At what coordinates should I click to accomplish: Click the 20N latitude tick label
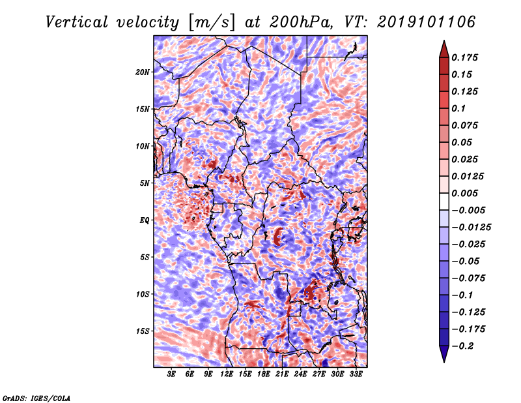pos(142,72)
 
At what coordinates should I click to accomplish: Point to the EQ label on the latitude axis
pos(144,220)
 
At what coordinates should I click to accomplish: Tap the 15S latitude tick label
pos(143,331)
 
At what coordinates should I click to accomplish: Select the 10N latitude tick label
pos(142,146)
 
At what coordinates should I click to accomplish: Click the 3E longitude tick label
pos(171,374)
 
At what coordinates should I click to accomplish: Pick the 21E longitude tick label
pos(282,374)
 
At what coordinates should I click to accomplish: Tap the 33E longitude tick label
pos(356,374)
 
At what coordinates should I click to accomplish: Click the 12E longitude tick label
pos(226,374)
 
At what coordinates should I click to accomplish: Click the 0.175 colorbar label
pos(464,57)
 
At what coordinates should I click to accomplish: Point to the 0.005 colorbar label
pos(464,193)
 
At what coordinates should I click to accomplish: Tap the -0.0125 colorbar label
pos(471,228)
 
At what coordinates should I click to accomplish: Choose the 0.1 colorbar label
pos(458,108)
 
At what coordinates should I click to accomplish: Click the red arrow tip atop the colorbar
pos(444,40)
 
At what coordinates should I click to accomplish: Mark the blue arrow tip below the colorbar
pos(444,362)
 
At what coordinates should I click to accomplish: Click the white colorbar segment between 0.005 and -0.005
pos(444,201)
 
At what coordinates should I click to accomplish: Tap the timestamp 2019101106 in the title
pos(427,22)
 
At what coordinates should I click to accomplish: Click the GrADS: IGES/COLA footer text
pos(36,398)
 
